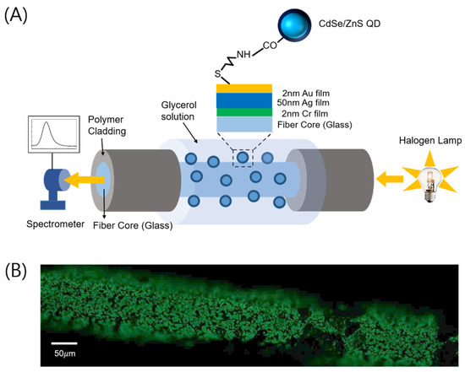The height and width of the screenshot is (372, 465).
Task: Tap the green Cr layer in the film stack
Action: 244,112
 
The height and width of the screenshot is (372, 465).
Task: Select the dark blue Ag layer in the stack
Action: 244,100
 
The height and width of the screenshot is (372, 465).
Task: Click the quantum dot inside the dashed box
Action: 245,155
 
